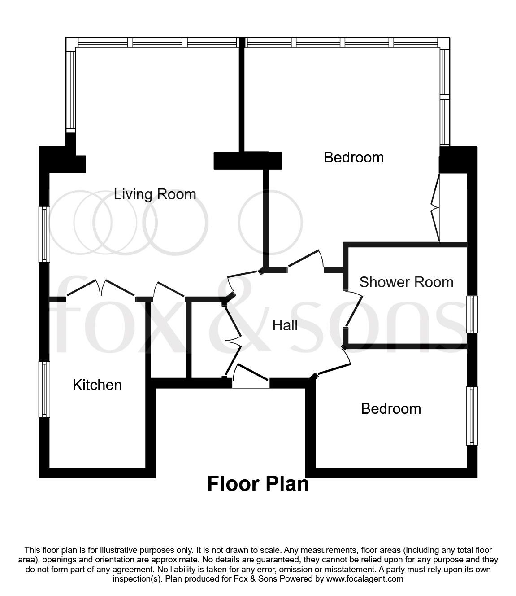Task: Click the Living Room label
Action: pos(155,194)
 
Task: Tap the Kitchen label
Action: pos(97,385)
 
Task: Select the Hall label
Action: pos(285,325)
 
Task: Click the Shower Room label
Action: pos(406,282)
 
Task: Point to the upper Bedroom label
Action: pos(354,158)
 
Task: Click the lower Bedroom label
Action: pos(391,409)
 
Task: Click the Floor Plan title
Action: pos(258,484)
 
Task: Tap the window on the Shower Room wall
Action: pos(472,314)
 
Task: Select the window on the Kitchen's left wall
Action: pos(44,389)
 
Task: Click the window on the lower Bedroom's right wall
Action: pos(472,416)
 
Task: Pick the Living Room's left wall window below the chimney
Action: pos(44,234)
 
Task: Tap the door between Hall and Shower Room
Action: pos(354,309)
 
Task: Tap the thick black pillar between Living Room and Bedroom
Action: pos(247,160)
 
